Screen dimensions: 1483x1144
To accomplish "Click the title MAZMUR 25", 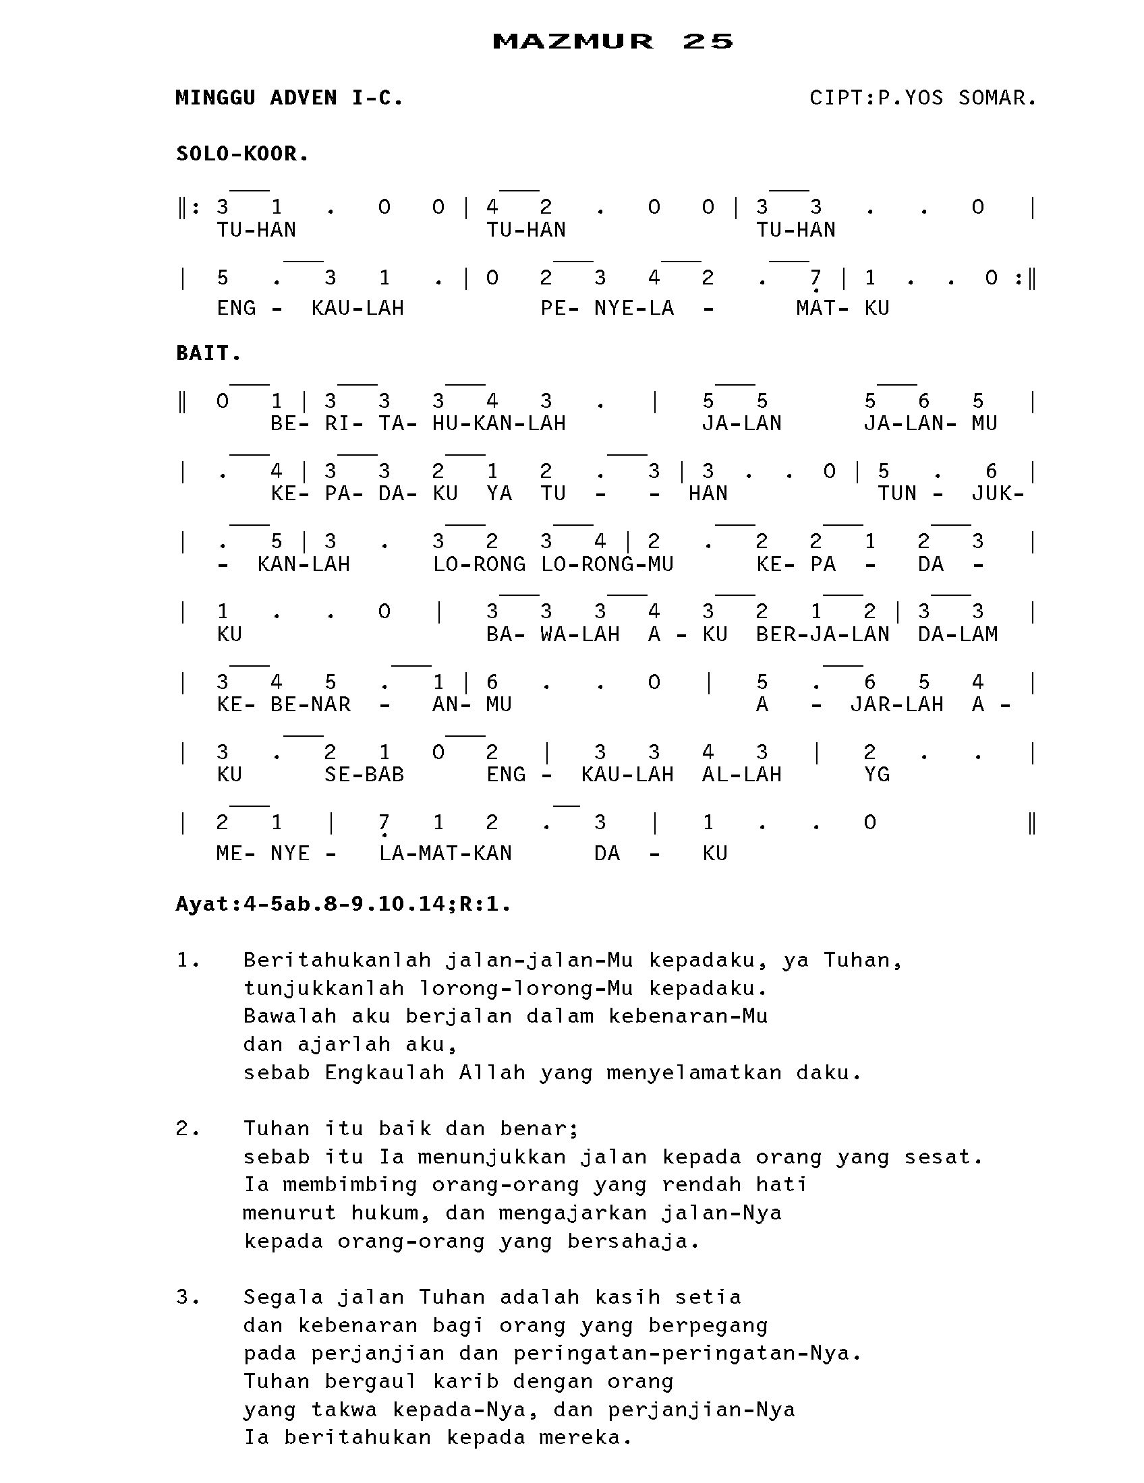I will click(x=612, y=41).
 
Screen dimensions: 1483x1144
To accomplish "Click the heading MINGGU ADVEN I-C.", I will click(x=289, y=98).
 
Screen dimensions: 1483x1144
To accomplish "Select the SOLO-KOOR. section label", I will click(x=243, y=154).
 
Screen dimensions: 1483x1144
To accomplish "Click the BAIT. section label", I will click(x=208, y=353).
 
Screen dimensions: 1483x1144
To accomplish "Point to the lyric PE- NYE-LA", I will click(x=607, y=308).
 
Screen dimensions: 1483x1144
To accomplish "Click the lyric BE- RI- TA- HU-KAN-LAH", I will click(x=418, y=424).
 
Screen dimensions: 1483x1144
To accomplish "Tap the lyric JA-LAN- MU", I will click(x=930, y=424).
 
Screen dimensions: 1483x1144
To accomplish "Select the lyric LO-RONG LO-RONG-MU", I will click(x=553, y=564).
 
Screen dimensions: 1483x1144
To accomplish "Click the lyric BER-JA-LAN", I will click(x=822, y=634).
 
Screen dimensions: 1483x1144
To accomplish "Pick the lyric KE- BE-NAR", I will click(x=284, y=705).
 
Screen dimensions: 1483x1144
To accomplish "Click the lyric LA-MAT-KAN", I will click(x=445, y=853).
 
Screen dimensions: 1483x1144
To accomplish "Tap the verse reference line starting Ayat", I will click(x=343, y=905).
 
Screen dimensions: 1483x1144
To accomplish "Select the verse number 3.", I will click(x=187, y=1297).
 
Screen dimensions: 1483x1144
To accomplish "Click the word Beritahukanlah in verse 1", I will click(x=337, y=960).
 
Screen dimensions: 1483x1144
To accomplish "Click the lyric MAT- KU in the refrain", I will click(x=842, y=308).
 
